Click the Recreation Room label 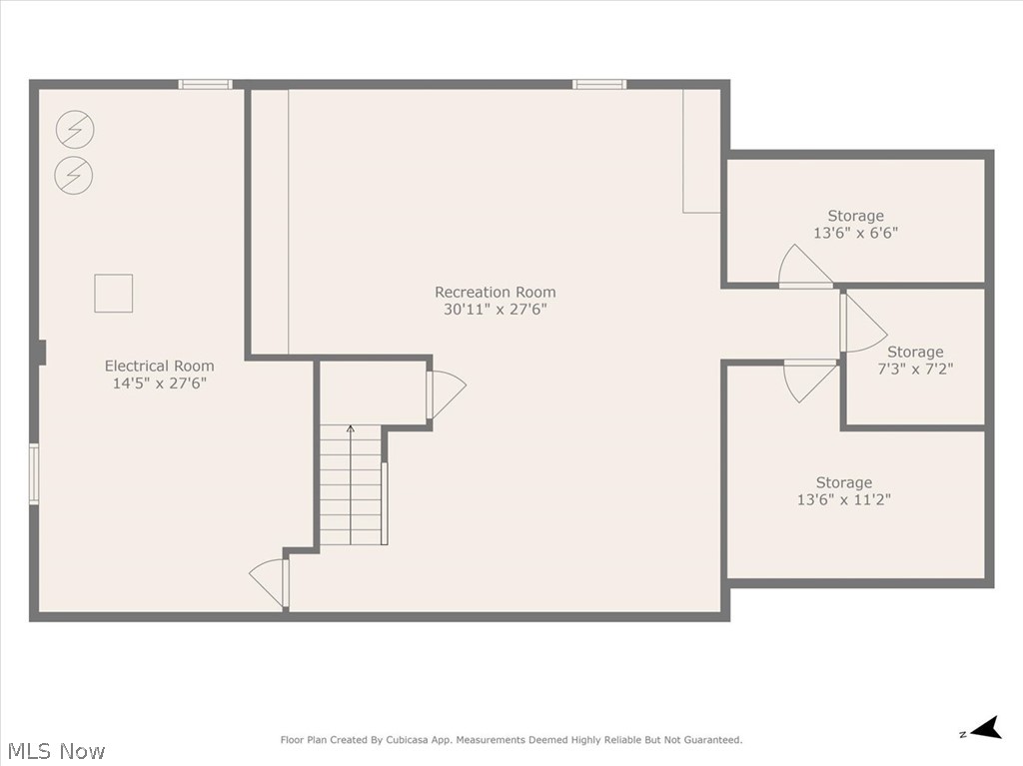click(495, 292)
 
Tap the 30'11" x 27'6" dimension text click(495, 310)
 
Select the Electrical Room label click(159, 366)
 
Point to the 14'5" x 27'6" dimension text click(159, 383)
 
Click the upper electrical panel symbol click(73, 129)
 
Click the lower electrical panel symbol click(73, 175)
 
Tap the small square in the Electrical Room click(113, 293)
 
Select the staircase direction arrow click(350, 430)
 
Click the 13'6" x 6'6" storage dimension click(855, 233)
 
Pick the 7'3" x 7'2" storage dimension click(915, 369)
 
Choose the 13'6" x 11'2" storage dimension click(843, 499)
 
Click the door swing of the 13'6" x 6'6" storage click(802, 267)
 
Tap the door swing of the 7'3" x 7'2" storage click(862, 324)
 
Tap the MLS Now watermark click(56, 750)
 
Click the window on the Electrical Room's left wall click(34, 473)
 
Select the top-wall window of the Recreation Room click(599, 85)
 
